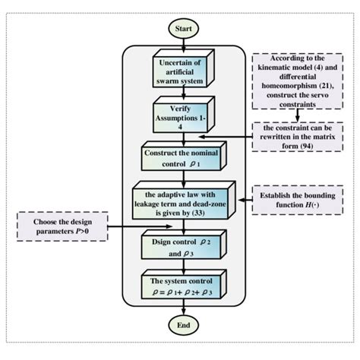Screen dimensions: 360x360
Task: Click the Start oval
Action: click(184, 30)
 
